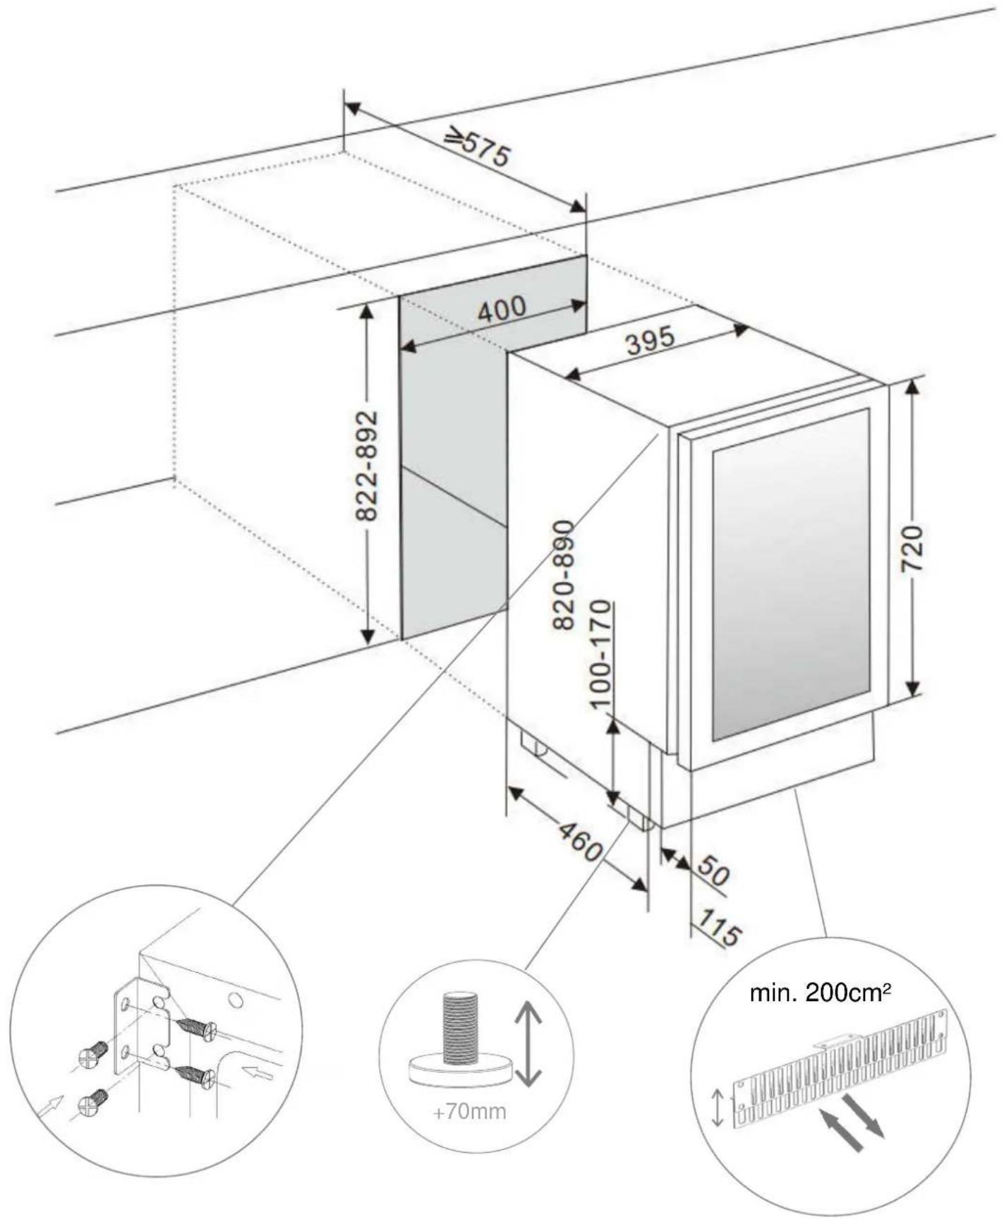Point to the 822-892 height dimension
pyautogui.click(x=366, y=466)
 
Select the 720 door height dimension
pyautogui.click(x=912, y=548)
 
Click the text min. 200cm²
pyautogui.click(x=820, y=994)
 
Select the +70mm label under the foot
pyautogui.click(x=469, y=1112)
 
